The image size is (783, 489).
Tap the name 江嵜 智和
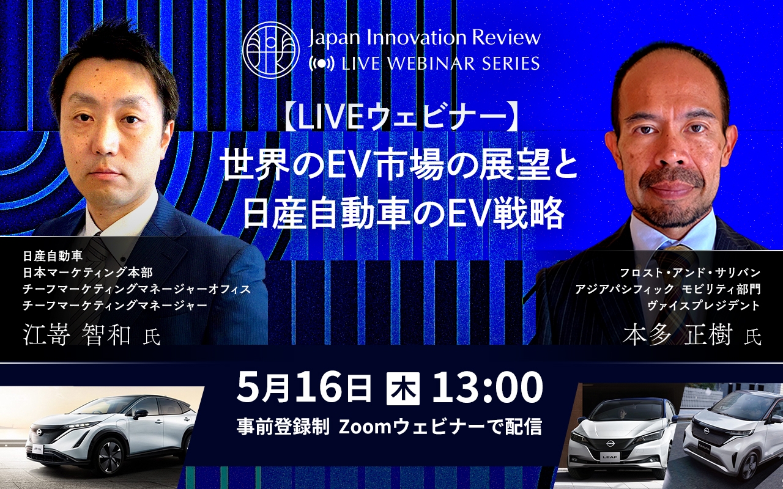(77, 336)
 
